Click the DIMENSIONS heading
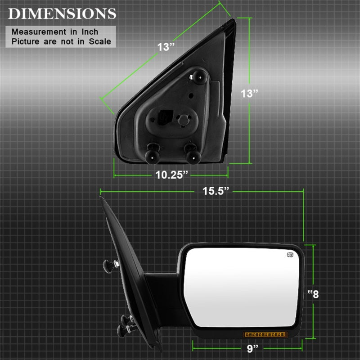(x=62, y=13)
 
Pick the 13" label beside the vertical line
(x=249, y=94)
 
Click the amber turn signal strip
(x=265, y=334)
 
